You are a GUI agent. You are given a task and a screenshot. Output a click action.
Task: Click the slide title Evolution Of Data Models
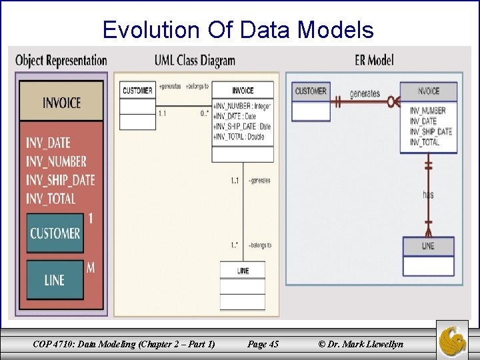click(238, 29)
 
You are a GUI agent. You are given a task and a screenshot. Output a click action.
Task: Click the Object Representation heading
click(61, 60)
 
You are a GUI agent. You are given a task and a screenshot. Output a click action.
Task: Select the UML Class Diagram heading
click(195, 61)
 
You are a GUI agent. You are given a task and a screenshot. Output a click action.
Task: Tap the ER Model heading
click(374, 60)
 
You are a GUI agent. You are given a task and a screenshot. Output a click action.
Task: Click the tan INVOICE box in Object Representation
click(61, 102)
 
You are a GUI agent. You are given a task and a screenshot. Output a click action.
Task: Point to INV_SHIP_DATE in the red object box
click(61, 180)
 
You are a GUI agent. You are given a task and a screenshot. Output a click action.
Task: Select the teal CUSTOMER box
click(55, 233)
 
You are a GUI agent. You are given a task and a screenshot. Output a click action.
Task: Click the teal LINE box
click(55, 280)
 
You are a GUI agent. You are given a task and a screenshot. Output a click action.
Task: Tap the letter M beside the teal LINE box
click(91, 267)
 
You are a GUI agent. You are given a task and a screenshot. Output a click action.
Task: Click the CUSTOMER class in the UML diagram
click(137, 91)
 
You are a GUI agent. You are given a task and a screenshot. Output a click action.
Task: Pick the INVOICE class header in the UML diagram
click(243, 91)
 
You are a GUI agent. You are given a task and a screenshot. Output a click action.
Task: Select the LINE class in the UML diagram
click(243, 271)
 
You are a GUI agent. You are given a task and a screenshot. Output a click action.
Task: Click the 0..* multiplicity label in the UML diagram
click(205, 113)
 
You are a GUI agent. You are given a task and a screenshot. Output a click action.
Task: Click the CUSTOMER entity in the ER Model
click(311, 91)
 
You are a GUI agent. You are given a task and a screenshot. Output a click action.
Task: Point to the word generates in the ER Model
click(365, 94)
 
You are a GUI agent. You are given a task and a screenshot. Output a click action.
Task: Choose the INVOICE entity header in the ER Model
click(428, 91)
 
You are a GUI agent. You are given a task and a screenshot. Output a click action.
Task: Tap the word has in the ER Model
click(428, 195)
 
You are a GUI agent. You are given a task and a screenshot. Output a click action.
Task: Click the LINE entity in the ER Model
click(428, 246)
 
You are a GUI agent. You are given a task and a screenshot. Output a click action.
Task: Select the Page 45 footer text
click(263, 344)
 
